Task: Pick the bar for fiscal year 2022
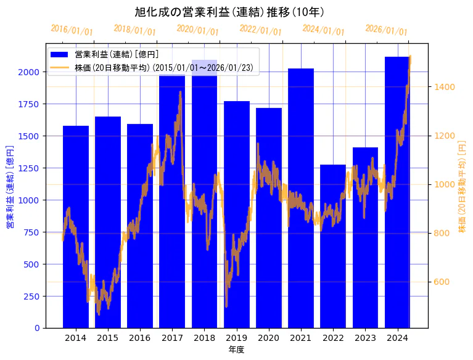coord(333,247)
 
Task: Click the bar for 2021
coord(301,198)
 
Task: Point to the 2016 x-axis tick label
coord(140,337)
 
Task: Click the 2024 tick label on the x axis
coord(397,337)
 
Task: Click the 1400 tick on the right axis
coord(444,86)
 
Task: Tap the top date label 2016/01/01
coord(72,29)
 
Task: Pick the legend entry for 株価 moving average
coord(163,67)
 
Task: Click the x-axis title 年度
coord(236,350)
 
